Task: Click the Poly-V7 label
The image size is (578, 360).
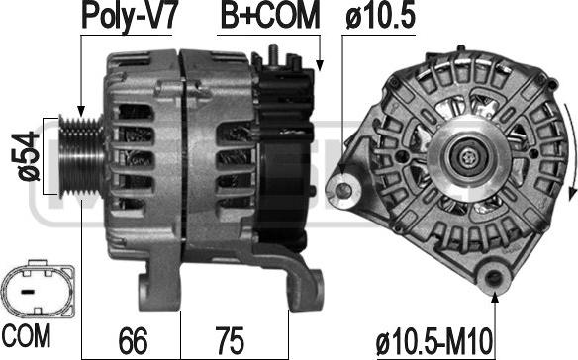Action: click(x=130, y=16)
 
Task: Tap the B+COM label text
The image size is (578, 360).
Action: click(x=270, y=16)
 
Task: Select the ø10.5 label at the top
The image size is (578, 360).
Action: click(x=380, y=16)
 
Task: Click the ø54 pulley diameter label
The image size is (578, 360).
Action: click(x=29, y=156)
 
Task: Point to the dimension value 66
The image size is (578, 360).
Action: click(x=133, y=340)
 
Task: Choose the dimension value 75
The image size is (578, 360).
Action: click(x=230, y=340)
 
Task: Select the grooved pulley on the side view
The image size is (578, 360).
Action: click(x=81, y=156)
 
